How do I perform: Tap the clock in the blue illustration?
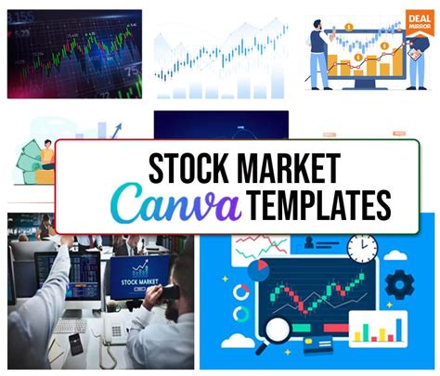[363, 248]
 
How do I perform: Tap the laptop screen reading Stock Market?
[138, 278]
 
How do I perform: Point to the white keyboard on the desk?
[70, 325]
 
